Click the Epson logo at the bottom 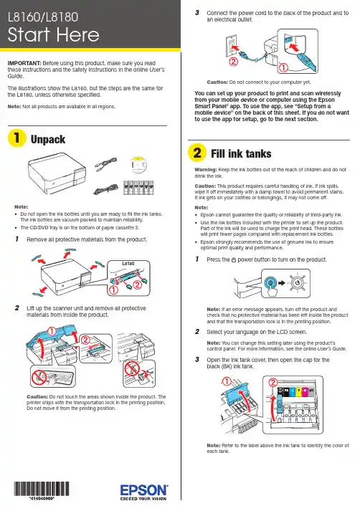pyautogui.click(x=144, y=489)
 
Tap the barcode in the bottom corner pyautogui.click(x=42, y=489)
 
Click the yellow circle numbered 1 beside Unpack pyautogui.click(x=16, y=138)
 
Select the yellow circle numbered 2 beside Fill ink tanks pyautogui.click(x=197, y=152)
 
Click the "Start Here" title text pyautogui.click(x=54, y=35)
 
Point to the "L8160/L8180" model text pyautogui.click(x=43, y=17)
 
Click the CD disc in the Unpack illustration pyautogui.click(x=138, y=166)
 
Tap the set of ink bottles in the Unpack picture pyautogui.click(x=138, y=188)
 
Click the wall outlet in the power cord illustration pyautogui.click(x=231, y=47)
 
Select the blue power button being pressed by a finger pyautogui.click(x=270, y=282)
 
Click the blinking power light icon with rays pyautogui.click(x=297, y=282)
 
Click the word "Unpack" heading pyautogui.click(x=48, y=140)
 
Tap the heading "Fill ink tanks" pyautogui.click(x=241, y=153)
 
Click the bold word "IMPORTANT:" pyautogui.click(x=24, y=63)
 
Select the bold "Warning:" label pyautogui.click(x=206, y=169)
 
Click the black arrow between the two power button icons pyautogui.click(x=282, y=282)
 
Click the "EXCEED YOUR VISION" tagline pyautogui.click(x=143, y=499)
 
